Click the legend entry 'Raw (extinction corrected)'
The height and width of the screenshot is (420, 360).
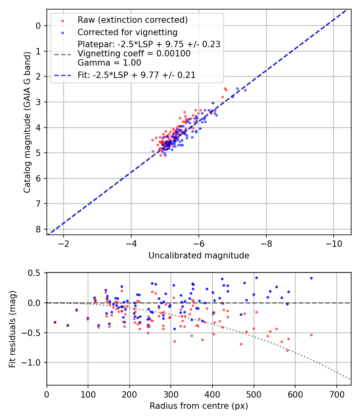coord(132,20)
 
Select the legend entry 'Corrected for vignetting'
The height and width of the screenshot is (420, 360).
coord(127,32)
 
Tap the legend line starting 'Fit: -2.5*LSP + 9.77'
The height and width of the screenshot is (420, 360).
coord(136,75)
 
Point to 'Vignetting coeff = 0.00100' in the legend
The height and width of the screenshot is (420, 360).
coord(134,54)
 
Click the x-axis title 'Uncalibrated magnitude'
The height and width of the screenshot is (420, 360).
coord(199,256)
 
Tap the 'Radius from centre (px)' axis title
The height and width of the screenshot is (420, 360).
coord(199,406)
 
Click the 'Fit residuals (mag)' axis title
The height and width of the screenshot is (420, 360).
coord(12,328)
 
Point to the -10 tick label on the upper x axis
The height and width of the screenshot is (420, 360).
coord(334,244)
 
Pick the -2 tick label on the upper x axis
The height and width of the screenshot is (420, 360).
coord(64,244)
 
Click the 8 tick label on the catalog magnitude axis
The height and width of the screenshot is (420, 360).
coord(38,229)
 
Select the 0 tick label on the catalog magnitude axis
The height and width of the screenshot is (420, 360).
coord(38,26)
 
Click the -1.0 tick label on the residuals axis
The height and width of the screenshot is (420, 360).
coord(33,362)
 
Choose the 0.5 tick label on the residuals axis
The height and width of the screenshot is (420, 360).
coord(36,273)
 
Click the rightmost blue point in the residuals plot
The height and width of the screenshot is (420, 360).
coord(311,278)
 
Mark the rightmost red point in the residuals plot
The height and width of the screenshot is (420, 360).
coord(311,335)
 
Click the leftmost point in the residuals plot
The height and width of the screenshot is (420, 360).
coord(55,322)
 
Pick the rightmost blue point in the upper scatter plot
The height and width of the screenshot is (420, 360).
coord(245,90)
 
